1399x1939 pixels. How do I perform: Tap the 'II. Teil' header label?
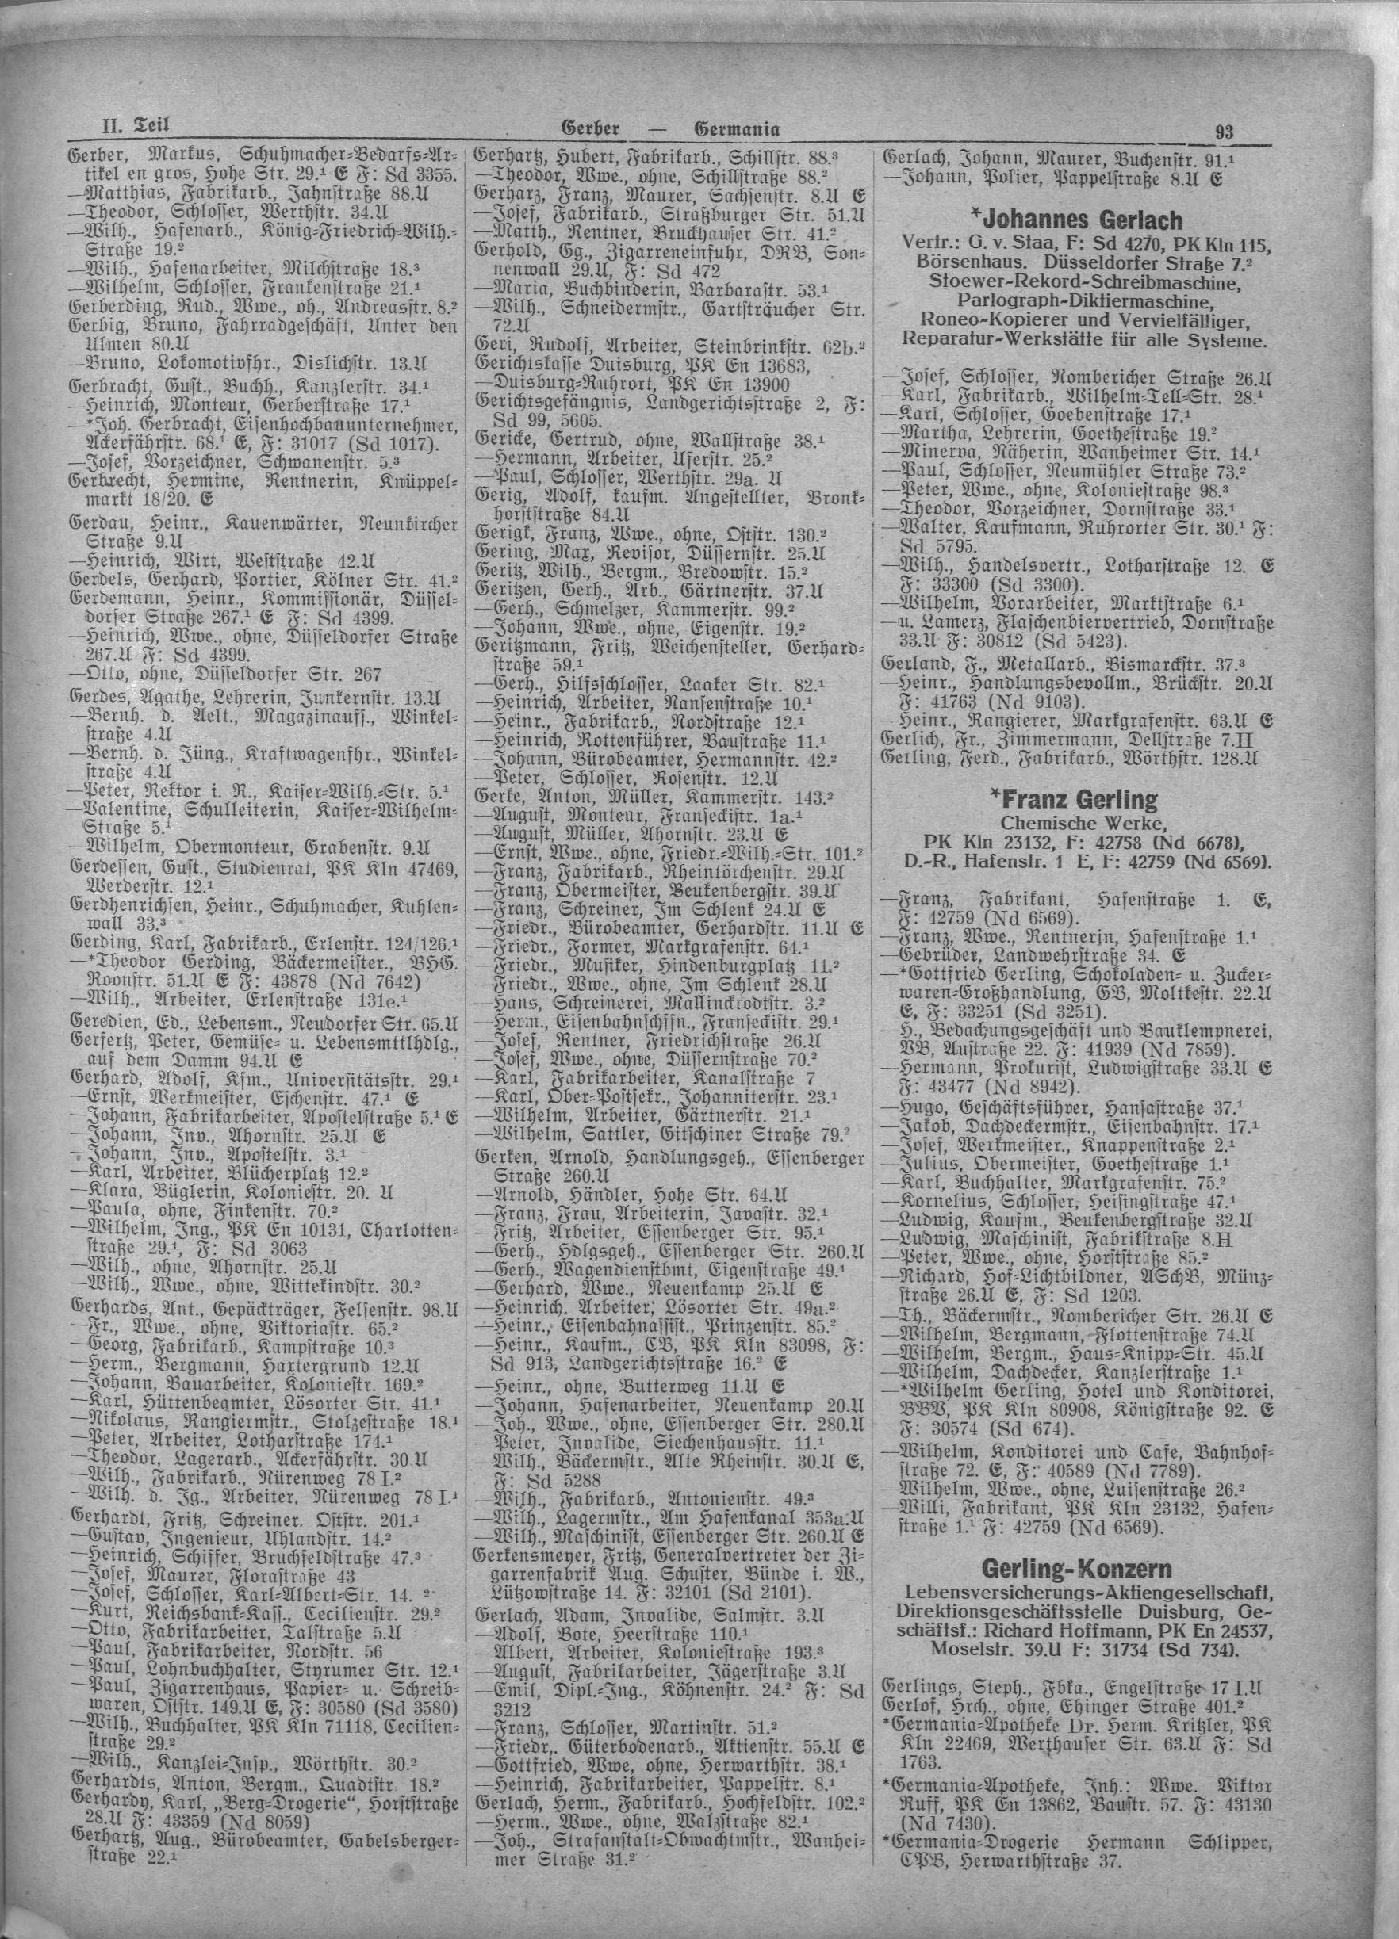pyautogui.click(x=122, y=129)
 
